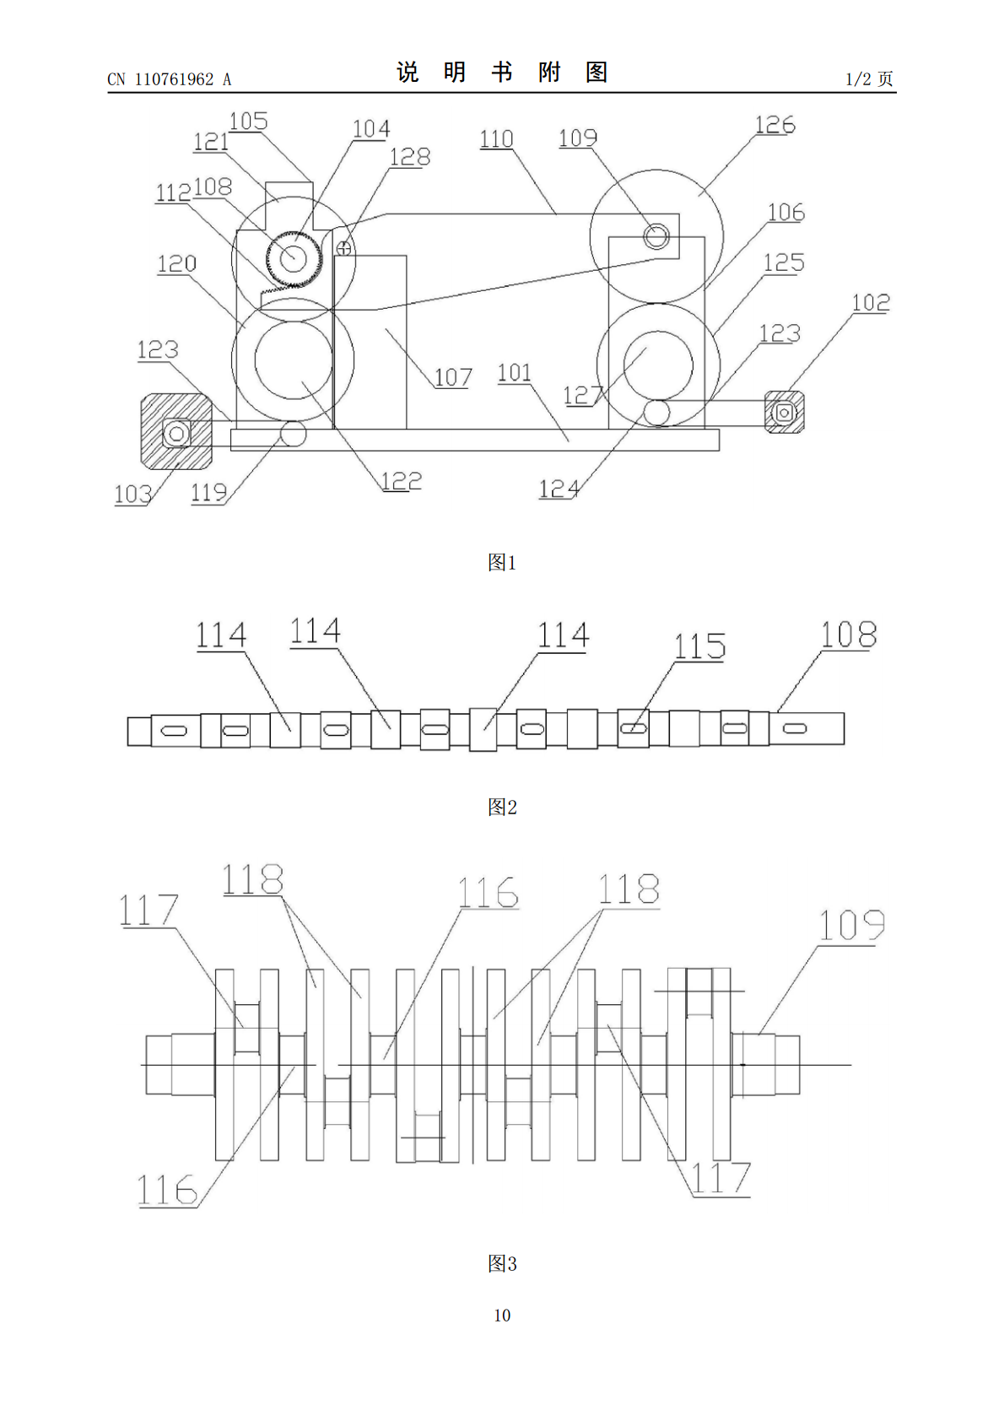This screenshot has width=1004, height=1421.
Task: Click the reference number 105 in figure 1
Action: pyautogui.click(x=248, y=122)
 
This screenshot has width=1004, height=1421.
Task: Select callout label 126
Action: pyautogui.click(x=775, y=125)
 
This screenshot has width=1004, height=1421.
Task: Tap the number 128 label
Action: pyautogui.click(x=410, y=157)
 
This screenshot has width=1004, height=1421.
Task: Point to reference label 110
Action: pyautogui.click(x=496, y=139)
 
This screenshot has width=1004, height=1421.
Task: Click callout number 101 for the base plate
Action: pyautogui.click(x=515, y=373)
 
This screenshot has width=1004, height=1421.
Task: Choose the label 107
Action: pyautogui.click(x=453, y=377)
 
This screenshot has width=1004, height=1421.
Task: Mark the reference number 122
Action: pyautogui.click(x=402, y=481)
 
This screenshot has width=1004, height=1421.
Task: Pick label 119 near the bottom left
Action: pyautogui.click(x=209, y=492)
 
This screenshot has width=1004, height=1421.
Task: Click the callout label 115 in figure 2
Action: pyautogui.click(x=699, y=646)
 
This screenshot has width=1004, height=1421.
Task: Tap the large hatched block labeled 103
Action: pyautogui.click(x=176, y=431)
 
